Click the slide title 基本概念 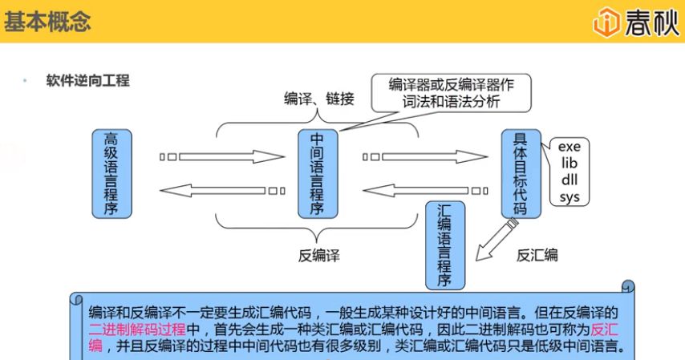47,22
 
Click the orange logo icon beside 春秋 606,22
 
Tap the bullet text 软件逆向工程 87,81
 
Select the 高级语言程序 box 111,172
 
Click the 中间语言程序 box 316,172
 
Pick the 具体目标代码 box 520,172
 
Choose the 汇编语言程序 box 444,244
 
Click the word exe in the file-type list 569,147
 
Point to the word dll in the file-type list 569,180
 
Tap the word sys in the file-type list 569,196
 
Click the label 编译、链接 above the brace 318,99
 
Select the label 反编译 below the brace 318,256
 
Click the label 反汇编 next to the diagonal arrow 537,256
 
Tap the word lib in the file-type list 569,163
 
